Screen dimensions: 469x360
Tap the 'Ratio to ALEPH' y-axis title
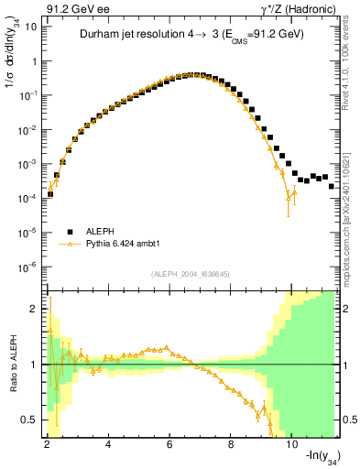click(x=12, y=365)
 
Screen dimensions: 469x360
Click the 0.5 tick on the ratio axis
click(x=32, y=420)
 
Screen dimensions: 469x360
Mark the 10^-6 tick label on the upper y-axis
click(x=28, y=267)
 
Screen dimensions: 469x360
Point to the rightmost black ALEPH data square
click(x=332, y=186)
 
